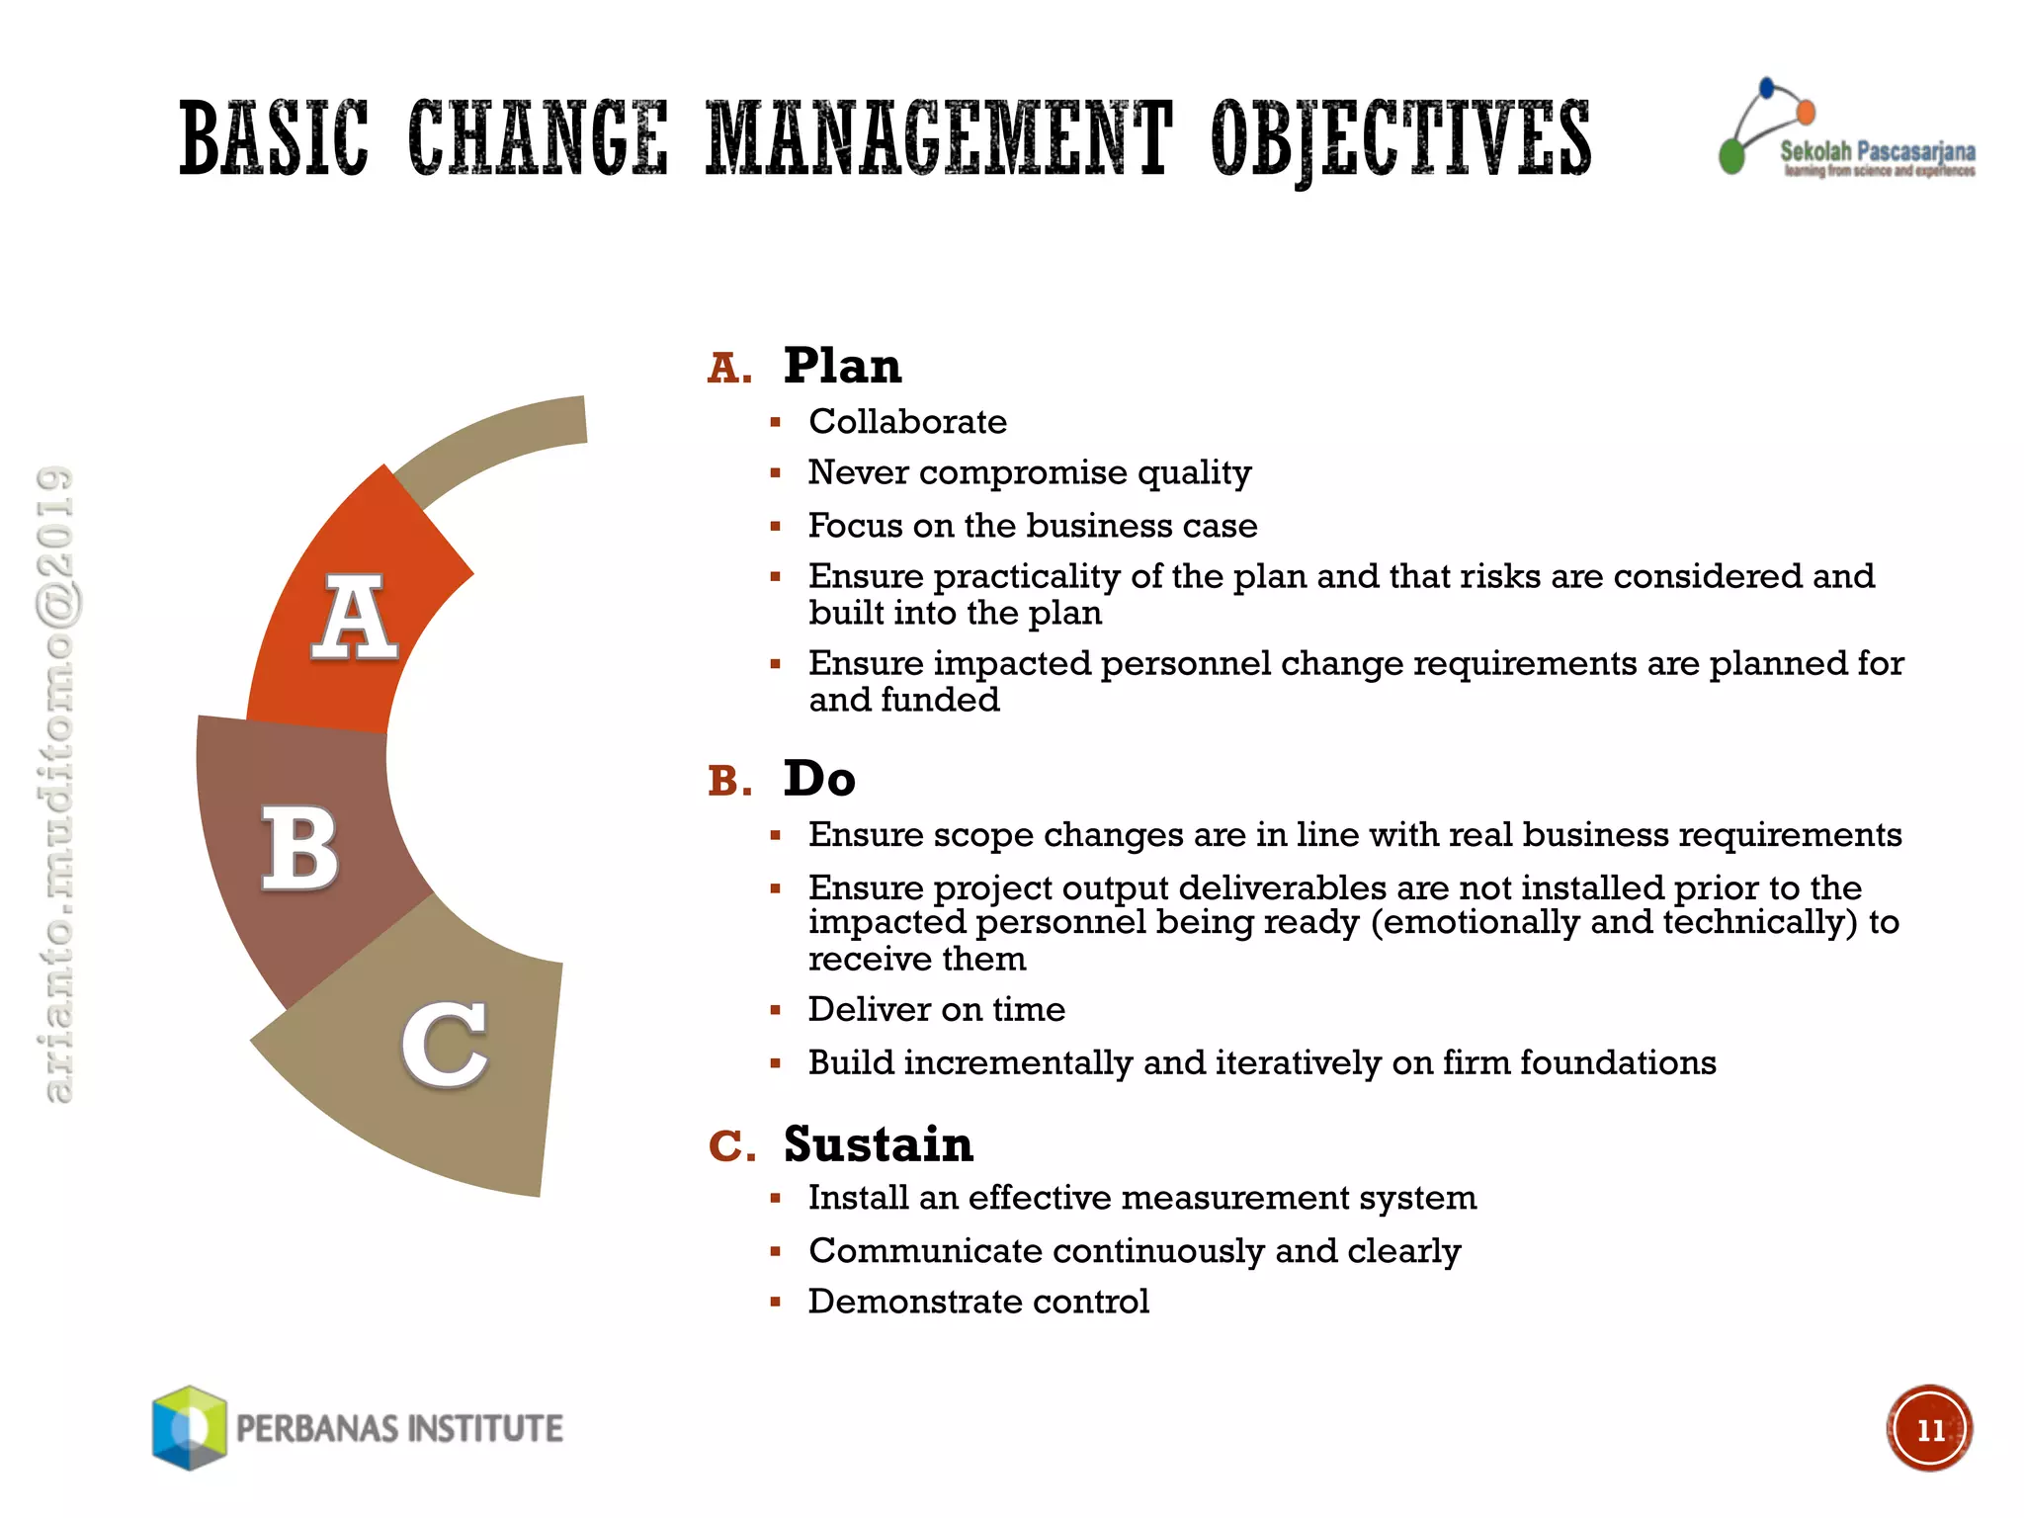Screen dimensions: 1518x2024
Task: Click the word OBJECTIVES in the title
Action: [1400, 139]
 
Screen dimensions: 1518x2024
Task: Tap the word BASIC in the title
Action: [275, 139]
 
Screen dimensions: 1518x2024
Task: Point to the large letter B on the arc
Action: [299, 847]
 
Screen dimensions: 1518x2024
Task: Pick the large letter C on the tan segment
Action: [445, 1045]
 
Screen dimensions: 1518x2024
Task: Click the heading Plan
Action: [842, 366]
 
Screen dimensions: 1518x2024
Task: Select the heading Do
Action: [819, 779]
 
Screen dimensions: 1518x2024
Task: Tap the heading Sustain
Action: [879, 1144]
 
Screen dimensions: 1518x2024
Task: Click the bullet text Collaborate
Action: [907, 422]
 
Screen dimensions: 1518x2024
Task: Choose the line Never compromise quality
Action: [1029, 473]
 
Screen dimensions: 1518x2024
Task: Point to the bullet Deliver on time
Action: [936, 1010]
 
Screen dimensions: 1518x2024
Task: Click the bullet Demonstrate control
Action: [978, 1302]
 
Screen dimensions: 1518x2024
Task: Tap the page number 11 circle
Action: [1928, 1429]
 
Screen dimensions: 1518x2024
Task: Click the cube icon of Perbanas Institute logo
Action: [189, 1427]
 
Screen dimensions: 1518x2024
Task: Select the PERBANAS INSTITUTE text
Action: [399, 1429]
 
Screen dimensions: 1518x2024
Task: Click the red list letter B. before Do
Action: [729, 782]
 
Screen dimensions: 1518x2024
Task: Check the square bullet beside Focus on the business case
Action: [776, 527]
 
